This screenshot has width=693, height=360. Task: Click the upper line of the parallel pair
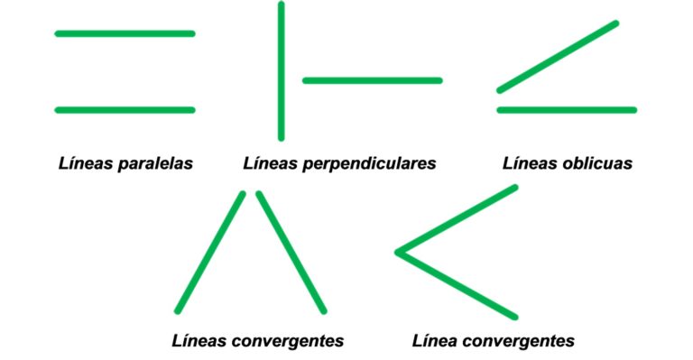click(x=125, y=33)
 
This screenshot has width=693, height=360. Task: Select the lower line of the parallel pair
click(x=125, y=110)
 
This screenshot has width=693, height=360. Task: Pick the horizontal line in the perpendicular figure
click(x=372, y=80)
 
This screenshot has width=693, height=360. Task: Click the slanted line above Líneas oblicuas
click(x=558, y=56)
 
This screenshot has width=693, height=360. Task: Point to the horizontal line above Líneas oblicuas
click(x=567, y=110)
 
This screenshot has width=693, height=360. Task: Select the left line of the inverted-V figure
click(x=210, y=253)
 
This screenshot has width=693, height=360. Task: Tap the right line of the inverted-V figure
click(x=291, y=253)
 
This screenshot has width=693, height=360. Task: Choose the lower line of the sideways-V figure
click(x=457, y=284)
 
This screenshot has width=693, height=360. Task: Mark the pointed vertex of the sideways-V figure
click(x=399, y=252)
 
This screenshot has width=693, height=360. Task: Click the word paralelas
click(x=154, y=164)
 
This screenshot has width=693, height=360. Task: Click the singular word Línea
click(x=435, y=341)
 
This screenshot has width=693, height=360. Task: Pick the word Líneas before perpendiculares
click(x=270, y=164)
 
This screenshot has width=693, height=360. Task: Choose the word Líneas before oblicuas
click(x=527, y=164)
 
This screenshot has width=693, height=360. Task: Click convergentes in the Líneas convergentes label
click(x=288, y=341)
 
